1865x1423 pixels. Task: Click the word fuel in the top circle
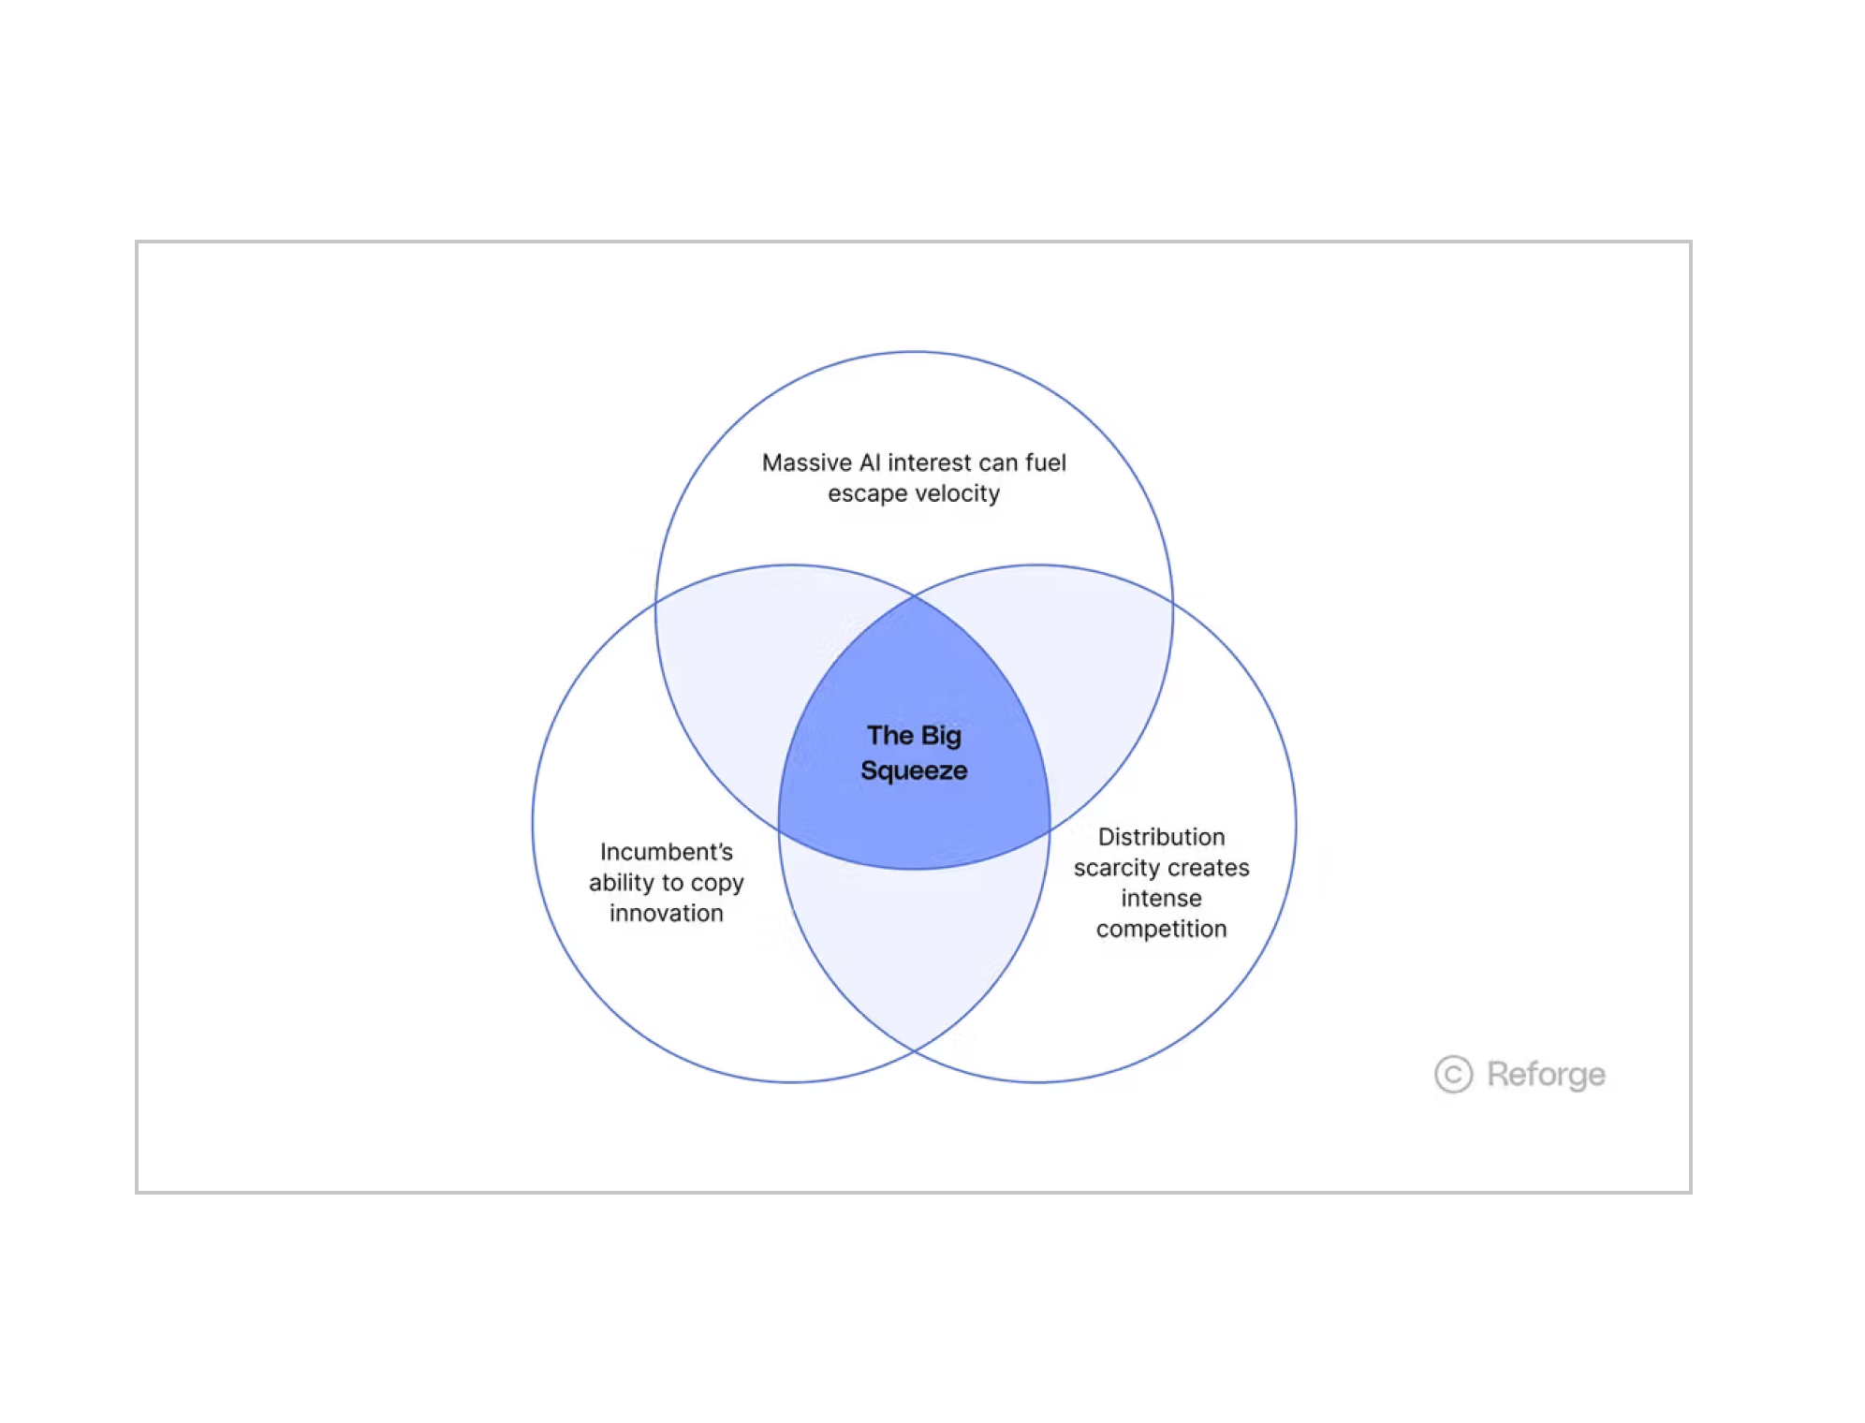(x=1045, y=462)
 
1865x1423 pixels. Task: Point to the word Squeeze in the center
(x=914, y=770)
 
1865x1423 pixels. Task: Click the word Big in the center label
(x=941, y=736)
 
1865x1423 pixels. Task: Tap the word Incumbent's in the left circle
(x=667, y=852)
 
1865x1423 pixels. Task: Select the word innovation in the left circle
(x=667, y=913)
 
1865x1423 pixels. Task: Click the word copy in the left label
(x=717, y=883)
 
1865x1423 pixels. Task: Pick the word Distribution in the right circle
(x=1161, y=837)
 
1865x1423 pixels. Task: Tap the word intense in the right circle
(x=1161, y=899)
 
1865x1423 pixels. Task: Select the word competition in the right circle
(x=1161, y=929)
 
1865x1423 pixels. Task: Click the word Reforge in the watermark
(x=1546, y=1075)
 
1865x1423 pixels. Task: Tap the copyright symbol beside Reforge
(x=1453, y=1075)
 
